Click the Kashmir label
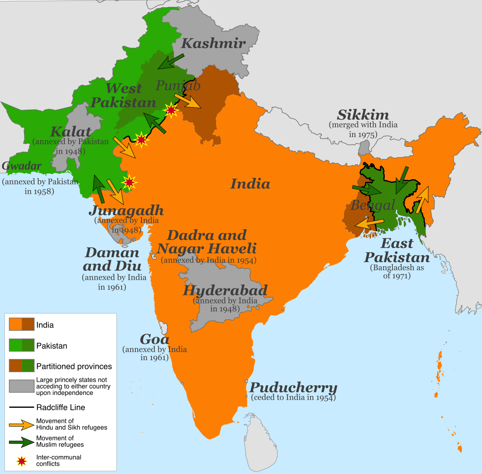pos(213,43)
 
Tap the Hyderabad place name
pos(225,290)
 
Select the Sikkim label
pos(363,115)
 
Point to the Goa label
pos(154,339)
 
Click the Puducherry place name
pos(293,388)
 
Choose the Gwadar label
pos(22,166)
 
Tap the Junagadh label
pos(126,210)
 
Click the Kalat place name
pos(71,132)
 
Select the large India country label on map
pos(250,184)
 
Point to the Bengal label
pos(373,205)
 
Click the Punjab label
pos(178,85)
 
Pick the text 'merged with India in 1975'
pos(363,129)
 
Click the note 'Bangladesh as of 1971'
pos(397,272)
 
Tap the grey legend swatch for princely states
pos(22,386)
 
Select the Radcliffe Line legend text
pos(61,407)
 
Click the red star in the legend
pos(22,461)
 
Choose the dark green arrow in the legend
pos(22,442)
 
